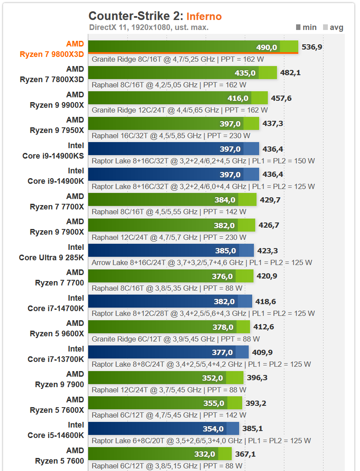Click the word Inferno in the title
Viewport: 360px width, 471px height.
[204, 17]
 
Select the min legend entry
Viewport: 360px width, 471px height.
[306, 27]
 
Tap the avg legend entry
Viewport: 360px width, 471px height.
[333, 27]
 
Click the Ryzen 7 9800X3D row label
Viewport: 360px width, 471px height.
[52, 49]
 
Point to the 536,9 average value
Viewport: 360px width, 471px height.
[312, 47]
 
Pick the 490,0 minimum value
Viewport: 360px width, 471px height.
[267, 47]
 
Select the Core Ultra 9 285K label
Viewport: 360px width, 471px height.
[51, 252]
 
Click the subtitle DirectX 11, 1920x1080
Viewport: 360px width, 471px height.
[149, 27]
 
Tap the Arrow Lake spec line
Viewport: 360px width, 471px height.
[202, 262]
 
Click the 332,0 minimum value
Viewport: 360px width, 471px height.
[205, 454]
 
